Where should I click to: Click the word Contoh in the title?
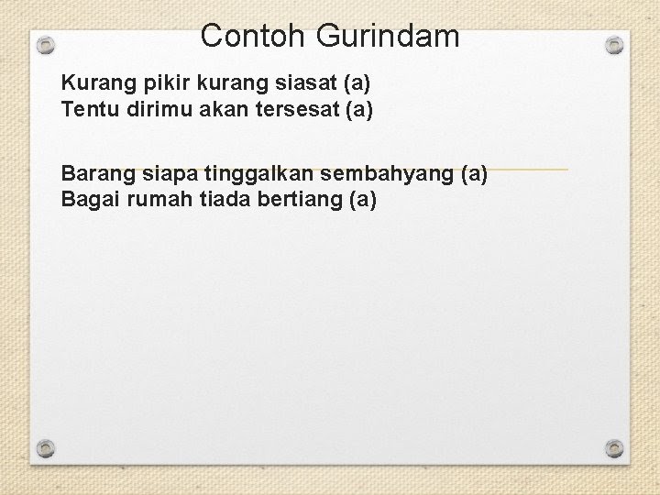pyautogui.click(x=252, y=36)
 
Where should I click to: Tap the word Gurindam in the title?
pyautogui.click(x=388, y=36)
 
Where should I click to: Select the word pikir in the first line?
pyautogui.click(x=167, y=83)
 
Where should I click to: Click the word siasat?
pyautogui.click(x=306, y=82)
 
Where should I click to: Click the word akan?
pyautogui.click(x=224, y=109)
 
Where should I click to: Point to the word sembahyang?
pyautogui.click(x=387, y=174)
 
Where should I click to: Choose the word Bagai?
pyautogui.click(x=91, y=200)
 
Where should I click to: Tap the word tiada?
pyautogui.click(x=225, y=200)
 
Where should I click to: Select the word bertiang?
pyautogui.click(x=300, y=200)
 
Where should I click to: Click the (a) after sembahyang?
pyautogui.click(x=475, y=174)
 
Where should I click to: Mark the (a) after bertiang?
pyautogui.click(x=363, y=200)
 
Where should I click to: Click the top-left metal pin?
pyautogui.click(x=46, y=45)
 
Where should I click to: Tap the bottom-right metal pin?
pyautogui.click(x=614, y=448)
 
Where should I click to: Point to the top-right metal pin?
pyautogui.click(x=614, y=45)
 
